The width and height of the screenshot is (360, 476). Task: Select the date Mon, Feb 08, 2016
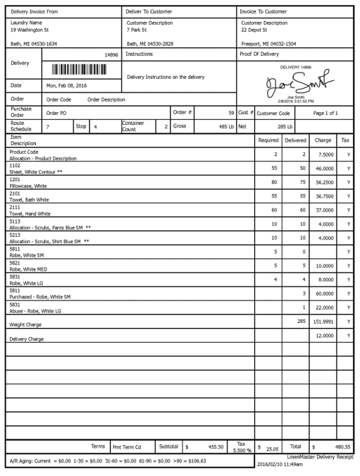point(66,85)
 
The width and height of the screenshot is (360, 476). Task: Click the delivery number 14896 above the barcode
point(111,54)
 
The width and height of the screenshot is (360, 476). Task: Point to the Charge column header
point(323,140)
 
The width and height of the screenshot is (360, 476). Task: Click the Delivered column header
point(296,140)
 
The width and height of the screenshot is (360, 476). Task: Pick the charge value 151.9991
point(323,322)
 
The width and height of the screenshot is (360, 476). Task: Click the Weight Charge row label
point(26,325)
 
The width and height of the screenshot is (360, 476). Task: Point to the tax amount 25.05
point(273,447)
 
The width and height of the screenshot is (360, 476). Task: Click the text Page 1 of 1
point(325,113)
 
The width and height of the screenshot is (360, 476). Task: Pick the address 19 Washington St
point(30,30)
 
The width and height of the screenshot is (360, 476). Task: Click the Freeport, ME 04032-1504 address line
point(268,44)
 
